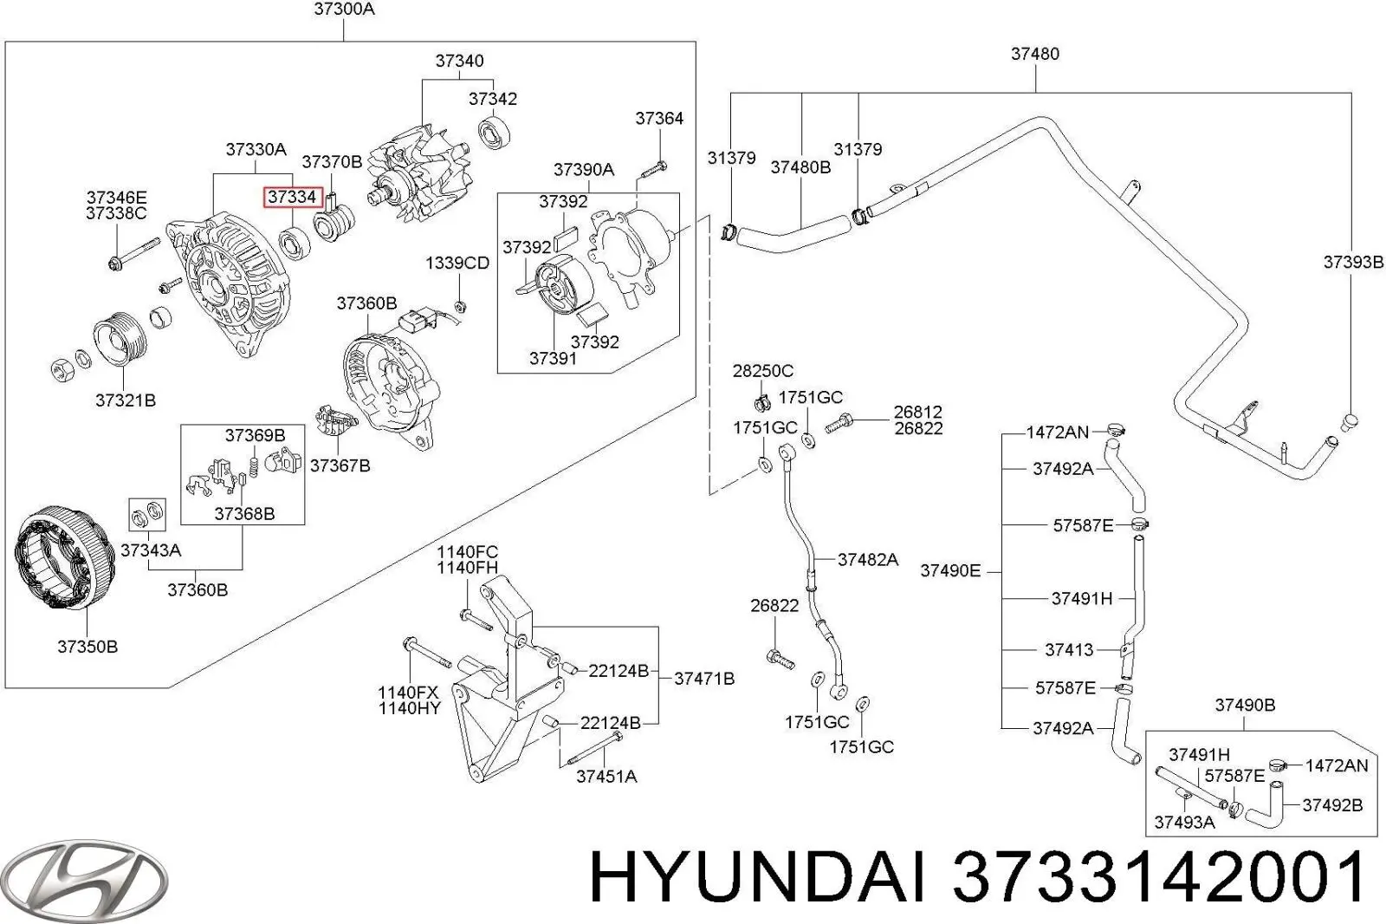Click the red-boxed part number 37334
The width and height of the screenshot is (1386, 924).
pyautogui.click(x=293, y=197)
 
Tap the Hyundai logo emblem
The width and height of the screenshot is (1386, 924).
pyautogui.click(x=84, y=881)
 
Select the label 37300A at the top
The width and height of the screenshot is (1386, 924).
pyautogui.click(x=344, y=10)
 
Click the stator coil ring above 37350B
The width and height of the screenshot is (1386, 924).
pyautogui.click(x=65, y=558)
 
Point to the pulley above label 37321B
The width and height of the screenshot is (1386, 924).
pyautogui.click(x=120, y=340)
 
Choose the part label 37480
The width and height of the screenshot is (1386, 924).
pyautogui.click(x=1035, y=54)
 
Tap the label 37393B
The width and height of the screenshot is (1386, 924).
pyautogui.click(x=1353, y=263)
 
